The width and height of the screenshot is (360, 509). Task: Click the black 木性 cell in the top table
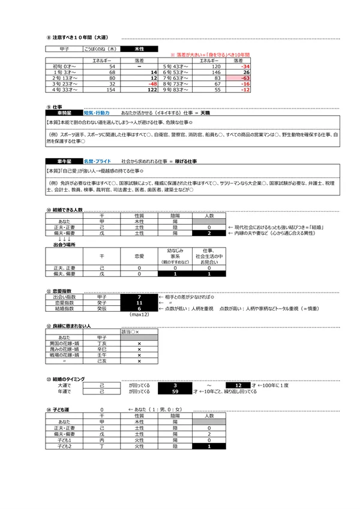pyautogui.click(x=138, y=48)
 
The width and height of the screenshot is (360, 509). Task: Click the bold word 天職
pyautogui.click(x=205, y=112)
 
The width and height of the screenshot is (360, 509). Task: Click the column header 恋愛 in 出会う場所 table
pyautogui.click(x=139, y=255)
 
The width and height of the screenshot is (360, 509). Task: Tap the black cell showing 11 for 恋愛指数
pyautogui.click(x=139, y=303)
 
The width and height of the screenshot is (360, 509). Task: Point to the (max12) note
pyautogui.click(x=139, y=314)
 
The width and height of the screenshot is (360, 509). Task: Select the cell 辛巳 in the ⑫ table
pyautogui.click(x=102, y=347)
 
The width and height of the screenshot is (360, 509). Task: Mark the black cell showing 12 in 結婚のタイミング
pyautogui.click(x=239, y=384)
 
